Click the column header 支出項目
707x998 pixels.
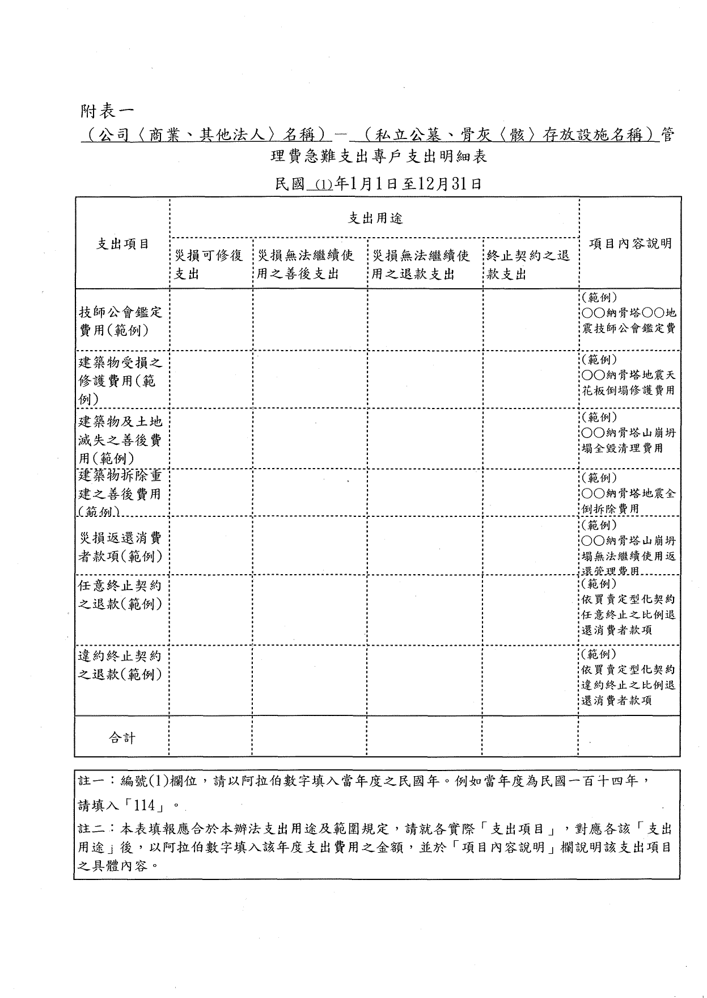[122, 243]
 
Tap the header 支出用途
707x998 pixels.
[375, 218]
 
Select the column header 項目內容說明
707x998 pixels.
[630, 243]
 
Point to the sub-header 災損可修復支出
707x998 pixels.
[208, 265]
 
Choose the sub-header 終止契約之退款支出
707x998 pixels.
[528, 265]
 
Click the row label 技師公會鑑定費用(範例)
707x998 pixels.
[120, 321]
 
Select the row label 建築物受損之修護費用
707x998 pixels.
[120, 380]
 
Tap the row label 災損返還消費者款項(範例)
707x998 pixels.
[120, 547]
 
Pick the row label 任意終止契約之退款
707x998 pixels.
[120, 595]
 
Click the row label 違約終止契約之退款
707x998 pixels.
[120, 665]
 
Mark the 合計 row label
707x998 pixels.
[122, 738]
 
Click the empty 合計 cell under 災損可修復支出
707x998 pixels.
[210, 736]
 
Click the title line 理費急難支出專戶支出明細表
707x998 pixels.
[379, 157]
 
